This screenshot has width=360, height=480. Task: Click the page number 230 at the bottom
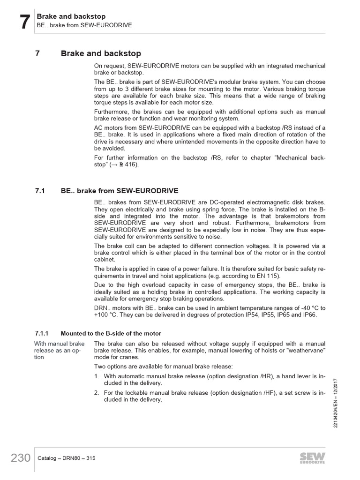(x=20, y=458)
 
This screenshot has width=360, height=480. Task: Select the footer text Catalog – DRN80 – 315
(x=66, y=458)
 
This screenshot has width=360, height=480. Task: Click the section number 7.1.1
(x=42, y=333)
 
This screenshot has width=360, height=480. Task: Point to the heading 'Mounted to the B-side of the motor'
(x=111, y=333)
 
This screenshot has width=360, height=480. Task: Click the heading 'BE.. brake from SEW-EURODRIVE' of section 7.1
(x=120, y=191)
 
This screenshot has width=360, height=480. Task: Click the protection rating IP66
(x=309, y=315)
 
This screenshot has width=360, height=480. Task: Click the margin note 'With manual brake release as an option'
(x=59, y=350)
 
